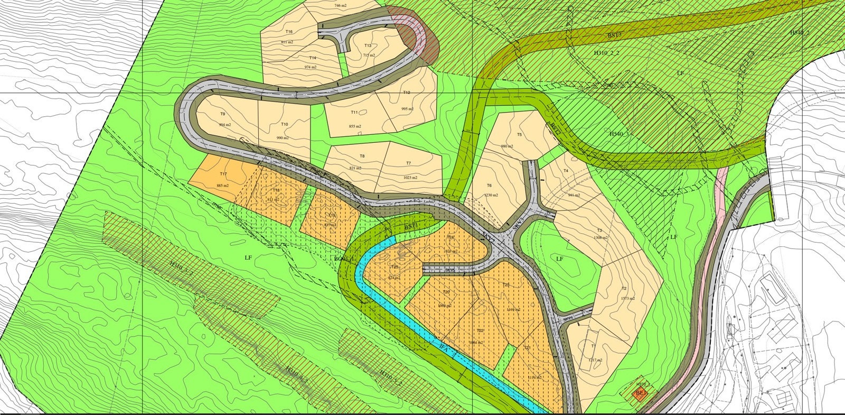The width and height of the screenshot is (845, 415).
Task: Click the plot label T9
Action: tap(222, 114)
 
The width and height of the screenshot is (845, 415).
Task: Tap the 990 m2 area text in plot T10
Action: tap(283, 138)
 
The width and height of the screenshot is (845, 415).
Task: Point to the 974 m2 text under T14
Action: tap(311, 67)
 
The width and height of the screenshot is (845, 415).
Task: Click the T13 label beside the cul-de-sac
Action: tap(368, 45)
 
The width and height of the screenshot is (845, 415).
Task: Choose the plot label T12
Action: tap(406, 93)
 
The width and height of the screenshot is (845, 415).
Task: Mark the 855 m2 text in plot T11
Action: tap(355, 126)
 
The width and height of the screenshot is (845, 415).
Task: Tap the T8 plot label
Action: tap(362, 156)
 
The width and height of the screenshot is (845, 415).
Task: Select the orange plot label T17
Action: tap(223, 174)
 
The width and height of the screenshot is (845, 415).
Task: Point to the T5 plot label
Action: tap(519, 135)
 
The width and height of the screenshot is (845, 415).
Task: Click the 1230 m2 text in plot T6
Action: tap(490, 195)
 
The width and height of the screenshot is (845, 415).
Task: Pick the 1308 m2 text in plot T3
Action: tap(599, 238)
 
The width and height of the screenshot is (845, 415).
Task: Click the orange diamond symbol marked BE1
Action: tap(641, 393)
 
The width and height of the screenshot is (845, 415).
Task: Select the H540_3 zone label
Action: tap(619, 134)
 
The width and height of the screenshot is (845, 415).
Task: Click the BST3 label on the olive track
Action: tap(614, 35)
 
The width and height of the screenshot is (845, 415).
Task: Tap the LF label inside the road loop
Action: tap(559, 259)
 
